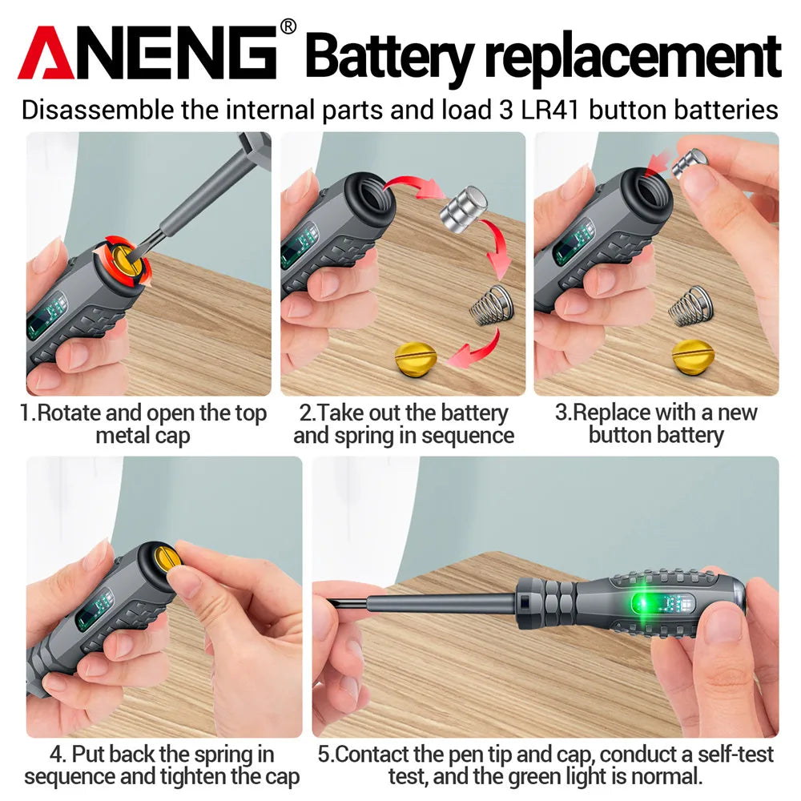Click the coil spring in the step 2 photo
(x=491, y=305)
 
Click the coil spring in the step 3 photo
(x=690, y=307)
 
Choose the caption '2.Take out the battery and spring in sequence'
(x=403, y=425)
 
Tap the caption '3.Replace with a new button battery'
(x=655, y=425)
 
